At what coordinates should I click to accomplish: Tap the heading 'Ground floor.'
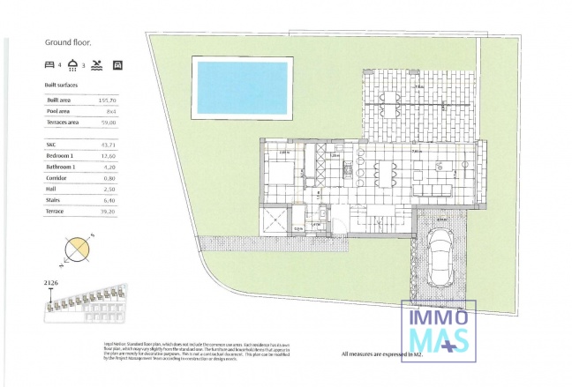tap(70, 41)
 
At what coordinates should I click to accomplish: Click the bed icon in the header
tap(49, 64)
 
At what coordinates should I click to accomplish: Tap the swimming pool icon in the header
tap(96, 64)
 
